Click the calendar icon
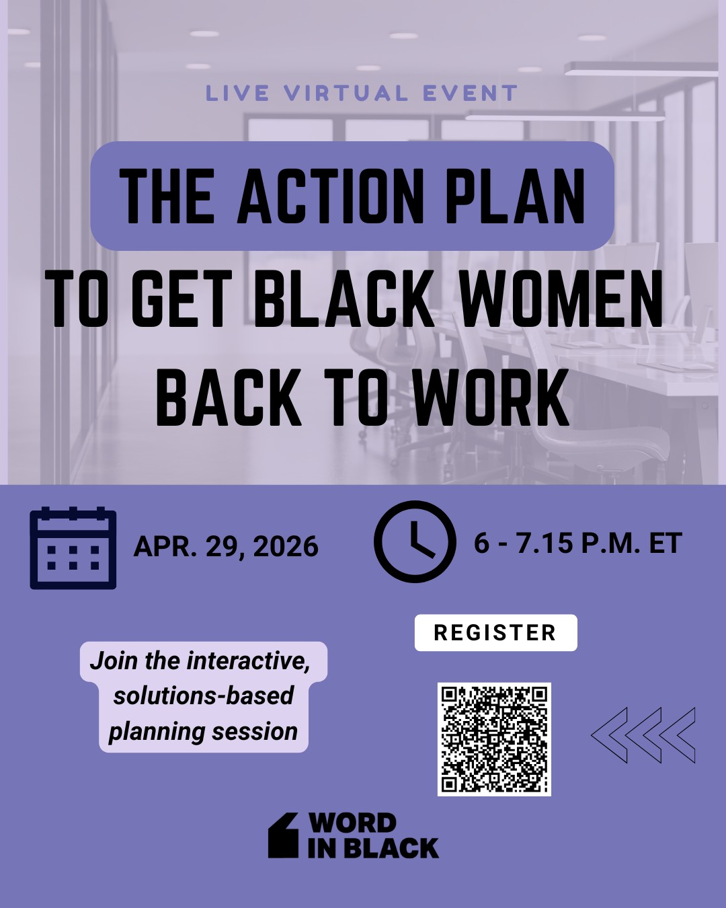[73, 548]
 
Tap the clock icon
[414, 541]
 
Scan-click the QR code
[494, 739]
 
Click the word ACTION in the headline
[330, 196]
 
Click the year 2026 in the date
[286, 546]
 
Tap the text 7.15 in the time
[544, 543]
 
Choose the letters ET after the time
[665, 543]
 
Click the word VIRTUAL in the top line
[346, 93]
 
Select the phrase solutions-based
[203, 695]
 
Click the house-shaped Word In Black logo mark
[283, 835]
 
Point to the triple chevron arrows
[643, 735]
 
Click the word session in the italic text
[258, 731]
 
